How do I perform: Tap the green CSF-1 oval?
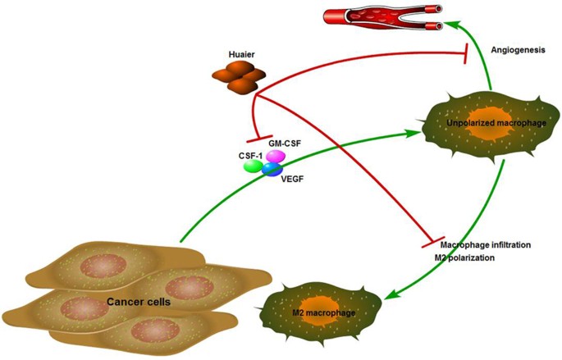click(x=253, y=166)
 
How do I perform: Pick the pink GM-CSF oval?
click(x=275, y=156)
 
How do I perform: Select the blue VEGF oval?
click(x=272, y=170)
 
